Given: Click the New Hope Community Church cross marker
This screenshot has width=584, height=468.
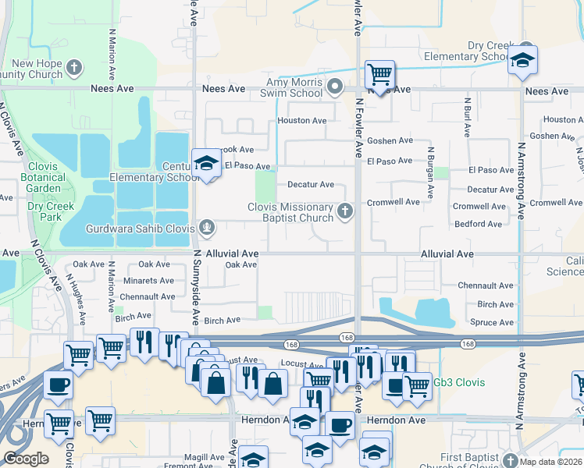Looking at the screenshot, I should tap(75, 68).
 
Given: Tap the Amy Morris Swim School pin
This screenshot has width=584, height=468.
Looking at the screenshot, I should tap(336, 86).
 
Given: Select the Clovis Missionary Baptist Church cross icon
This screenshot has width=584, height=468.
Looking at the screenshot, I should tap(344, 211).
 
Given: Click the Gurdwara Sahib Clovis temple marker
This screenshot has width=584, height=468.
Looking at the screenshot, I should tap(207, 228).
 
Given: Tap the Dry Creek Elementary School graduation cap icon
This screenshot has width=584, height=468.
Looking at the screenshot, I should tap(522, 60).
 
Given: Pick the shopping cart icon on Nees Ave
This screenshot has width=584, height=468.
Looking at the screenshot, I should tap(379, 75).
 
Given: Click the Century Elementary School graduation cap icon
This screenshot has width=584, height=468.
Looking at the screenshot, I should tap(205, 163).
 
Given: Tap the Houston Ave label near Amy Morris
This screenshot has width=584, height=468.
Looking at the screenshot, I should tap(302, 121).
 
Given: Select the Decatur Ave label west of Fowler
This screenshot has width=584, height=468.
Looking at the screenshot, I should tap(311, 185).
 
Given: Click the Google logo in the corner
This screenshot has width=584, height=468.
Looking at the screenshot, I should tap(26, 459).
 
